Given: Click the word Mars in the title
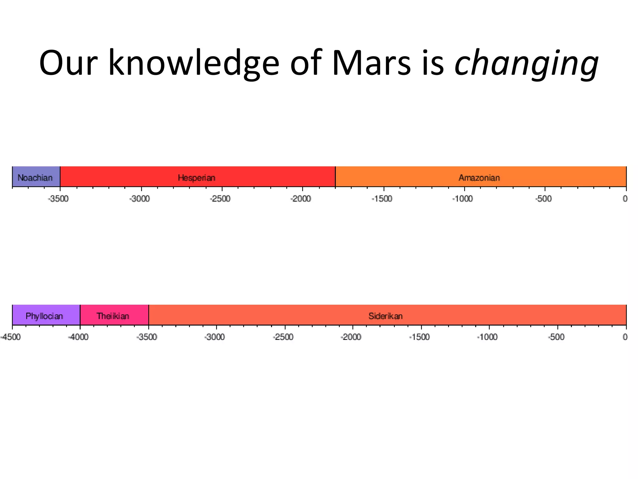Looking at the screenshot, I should coord(371,63).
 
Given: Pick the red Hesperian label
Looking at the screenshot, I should coord(197,178).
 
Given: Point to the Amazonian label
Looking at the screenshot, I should coord(479,178).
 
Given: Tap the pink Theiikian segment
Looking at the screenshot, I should coord(113,316).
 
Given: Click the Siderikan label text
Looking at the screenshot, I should coord(386,316).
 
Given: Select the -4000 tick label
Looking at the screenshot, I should coord(79,337).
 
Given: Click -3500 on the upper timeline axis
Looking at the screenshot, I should coord(59,199).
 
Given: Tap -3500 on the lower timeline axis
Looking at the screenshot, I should coord(147,337).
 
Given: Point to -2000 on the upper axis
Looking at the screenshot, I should coord(301,199).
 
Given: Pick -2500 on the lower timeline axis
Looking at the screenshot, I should coord(283,337).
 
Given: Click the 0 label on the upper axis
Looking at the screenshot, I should coord(625,199).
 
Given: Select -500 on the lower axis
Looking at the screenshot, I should coord(556,337).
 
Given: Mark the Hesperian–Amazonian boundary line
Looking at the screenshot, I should coord(336,177).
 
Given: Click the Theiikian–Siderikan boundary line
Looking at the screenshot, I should coord(149,315).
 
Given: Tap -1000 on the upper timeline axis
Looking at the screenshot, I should coord(463,199).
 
